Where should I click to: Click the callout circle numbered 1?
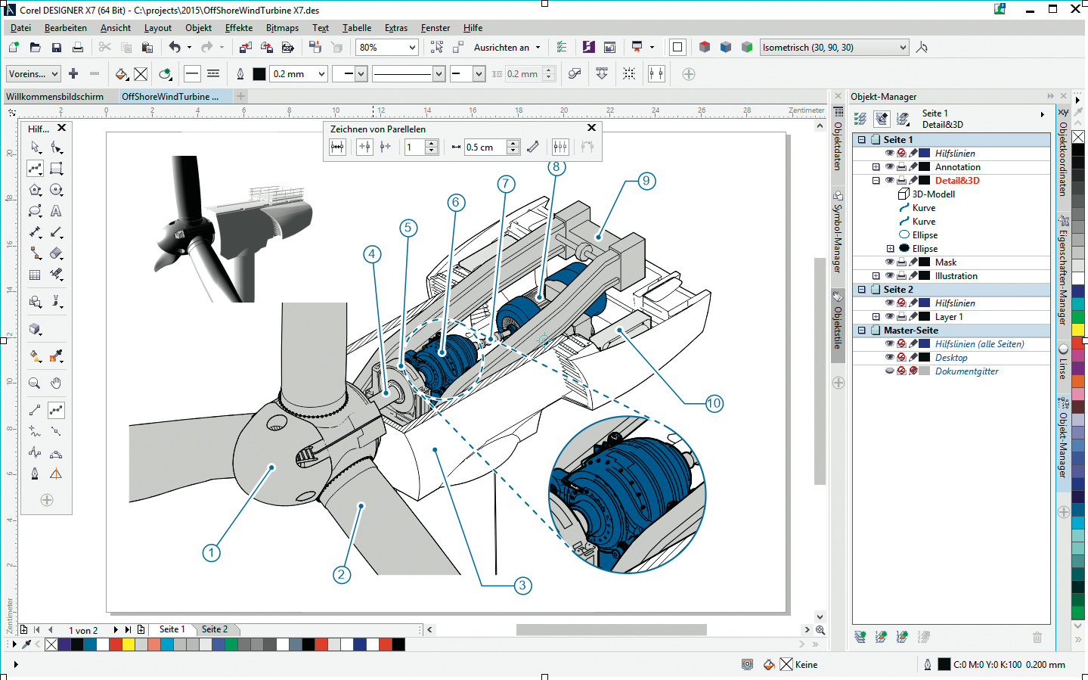pos(211,553)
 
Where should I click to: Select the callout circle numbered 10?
pos(714,403)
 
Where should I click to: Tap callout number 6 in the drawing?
pos(456,202)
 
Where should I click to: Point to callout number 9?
pos(646,181)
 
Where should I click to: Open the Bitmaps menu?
pos(282,28)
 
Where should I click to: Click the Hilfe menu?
pos(473,28)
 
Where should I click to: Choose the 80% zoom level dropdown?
pos(386,47)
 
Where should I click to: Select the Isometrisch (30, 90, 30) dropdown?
pos(833,47)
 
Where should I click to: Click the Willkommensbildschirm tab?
pos(54,96)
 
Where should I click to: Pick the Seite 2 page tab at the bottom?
pos(215,629)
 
